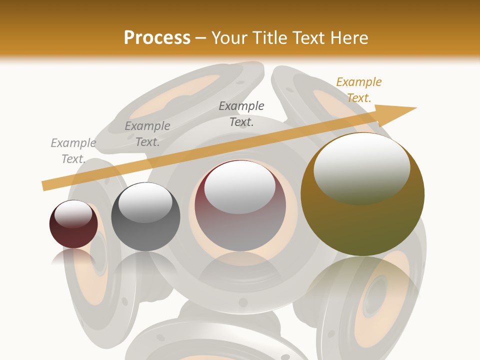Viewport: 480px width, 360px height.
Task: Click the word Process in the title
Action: pyautogui.click(x=157, y=38)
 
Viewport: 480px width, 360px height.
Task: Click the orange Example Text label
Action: pyautogui.click(x=358, y=90)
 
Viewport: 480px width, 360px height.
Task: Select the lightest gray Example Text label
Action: pyautogui.click(x=73, y=151)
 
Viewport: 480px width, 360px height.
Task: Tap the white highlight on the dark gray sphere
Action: pyautogui.click(x=145, y=202)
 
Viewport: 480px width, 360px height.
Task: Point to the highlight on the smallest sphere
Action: pyautogui.click(x=73, y=213)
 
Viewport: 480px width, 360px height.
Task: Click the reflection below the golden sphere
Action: pyautogui.click(x=362, y=280)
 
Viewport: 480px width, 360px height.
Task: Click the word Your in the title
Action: pyautogui.click(x=229, y=38)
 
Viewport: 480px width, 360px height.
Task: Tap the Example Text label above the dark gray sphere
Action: pyautogui.click(x=147, y=134)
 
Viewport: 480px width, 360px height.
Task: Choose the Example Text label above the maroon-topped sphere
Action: pyautogui.click(x=241, y=113)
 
